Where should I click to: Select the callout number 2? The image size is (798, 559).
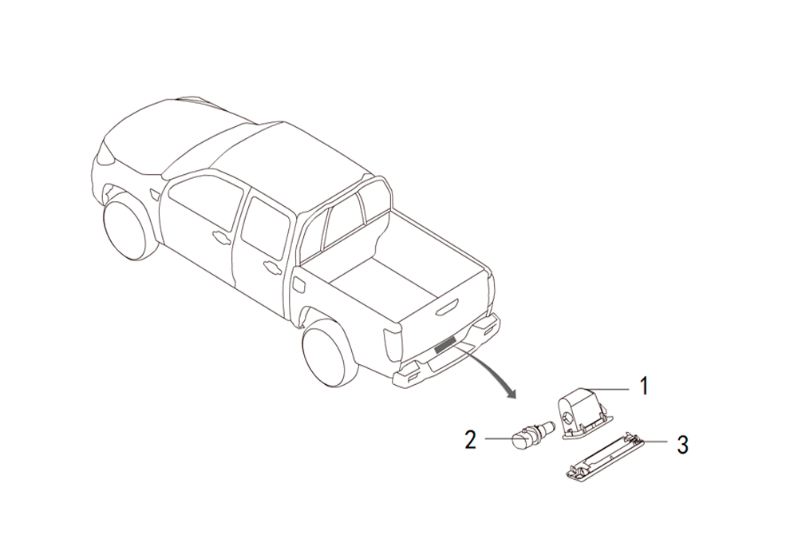[x=470, y=439]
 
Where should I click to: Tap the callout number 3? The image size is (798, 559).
[x=682, y=444]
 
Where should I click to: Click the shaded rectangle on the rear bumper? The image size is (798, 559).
[x=445, y=345]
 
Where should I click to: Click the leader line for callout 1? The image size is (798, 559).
[x=610, y=389]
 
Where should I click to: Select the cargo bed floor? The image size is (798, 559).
[x=385, y=282]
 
